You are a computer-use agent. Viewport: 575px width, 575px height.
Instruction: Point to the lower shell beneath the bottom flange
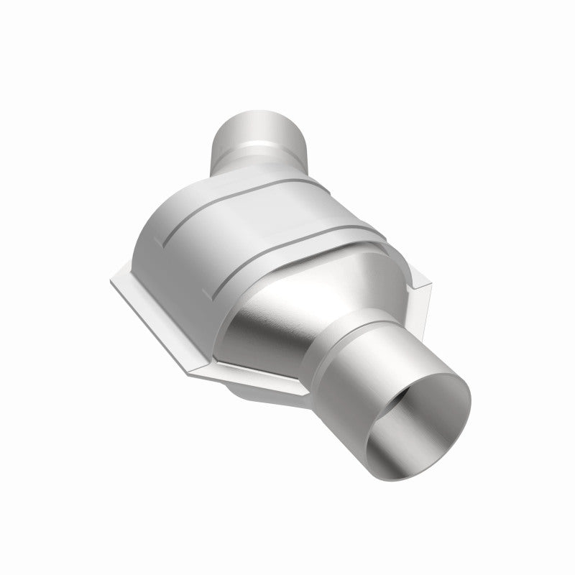click(252, 395)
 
